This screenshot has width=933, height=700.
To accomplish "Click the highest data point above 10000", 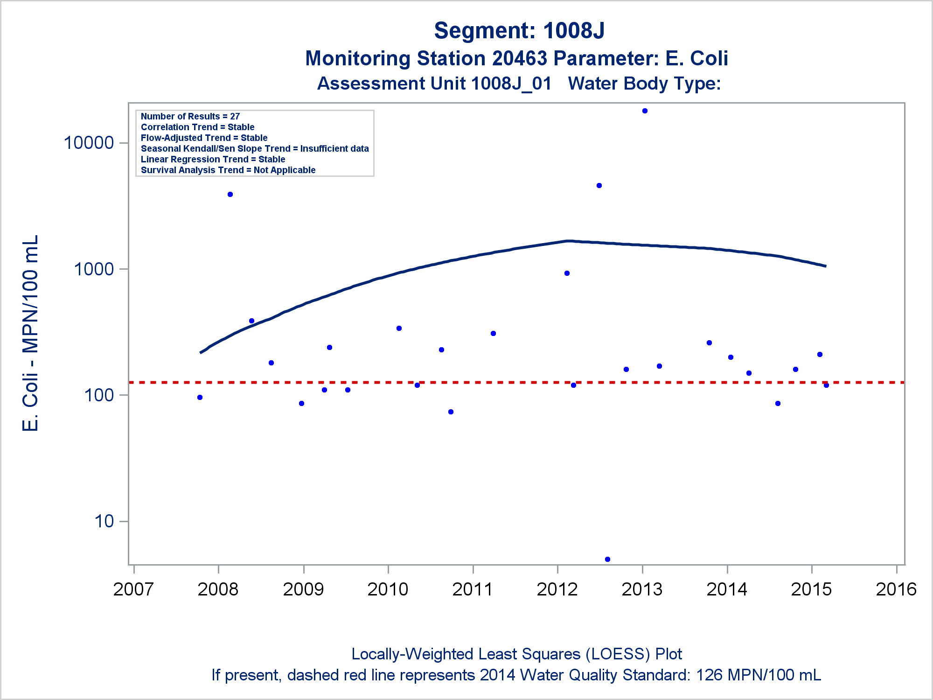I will tap(645, 111).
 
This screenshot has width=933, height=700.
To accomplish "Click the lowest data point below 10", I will tap(607, 559).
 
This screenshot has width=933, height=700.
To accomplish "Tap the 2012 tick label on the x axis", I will tap(557, 589).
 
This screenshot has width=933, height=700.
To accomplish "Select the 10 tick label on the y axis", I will tap(104, 521).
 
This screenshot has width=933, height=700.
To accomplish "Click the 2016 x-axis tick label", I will tap(896, 589).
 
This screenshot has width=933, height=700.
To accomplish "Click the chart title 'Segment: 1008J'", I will tap(519, 31).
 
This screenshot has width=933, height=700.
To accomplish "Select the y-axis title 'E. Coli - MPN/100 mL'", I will tap(31, 333).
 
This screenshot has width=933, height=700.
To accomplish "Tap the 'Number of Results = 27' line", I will tap(190, 116).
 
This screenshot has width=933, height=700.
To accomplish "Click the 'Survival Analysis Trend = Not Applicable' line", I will tap(228, 170).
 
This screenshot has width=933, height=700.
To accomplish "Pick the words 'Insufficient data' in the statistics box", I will tap(334, 148).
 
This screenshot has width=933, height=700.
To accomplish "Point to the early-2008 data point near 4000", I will tap(230, 195).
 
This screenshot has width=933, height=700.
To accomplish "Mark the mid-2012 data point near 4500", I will tap(599, 186).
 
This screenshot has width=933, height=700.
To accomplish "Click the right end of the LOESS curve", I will tap(825, 266).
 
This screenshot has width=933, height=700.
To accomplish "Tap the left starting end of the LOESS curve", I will tap(201, 352).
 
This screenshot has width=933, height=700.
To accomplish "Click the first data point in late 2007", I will tap(200, 398).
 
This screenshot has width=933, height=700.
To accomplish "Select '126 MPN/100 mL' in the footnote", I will tap(759, 675).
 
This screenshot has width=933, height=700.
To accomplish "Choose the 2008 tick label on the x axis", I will tap(218, 589).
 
